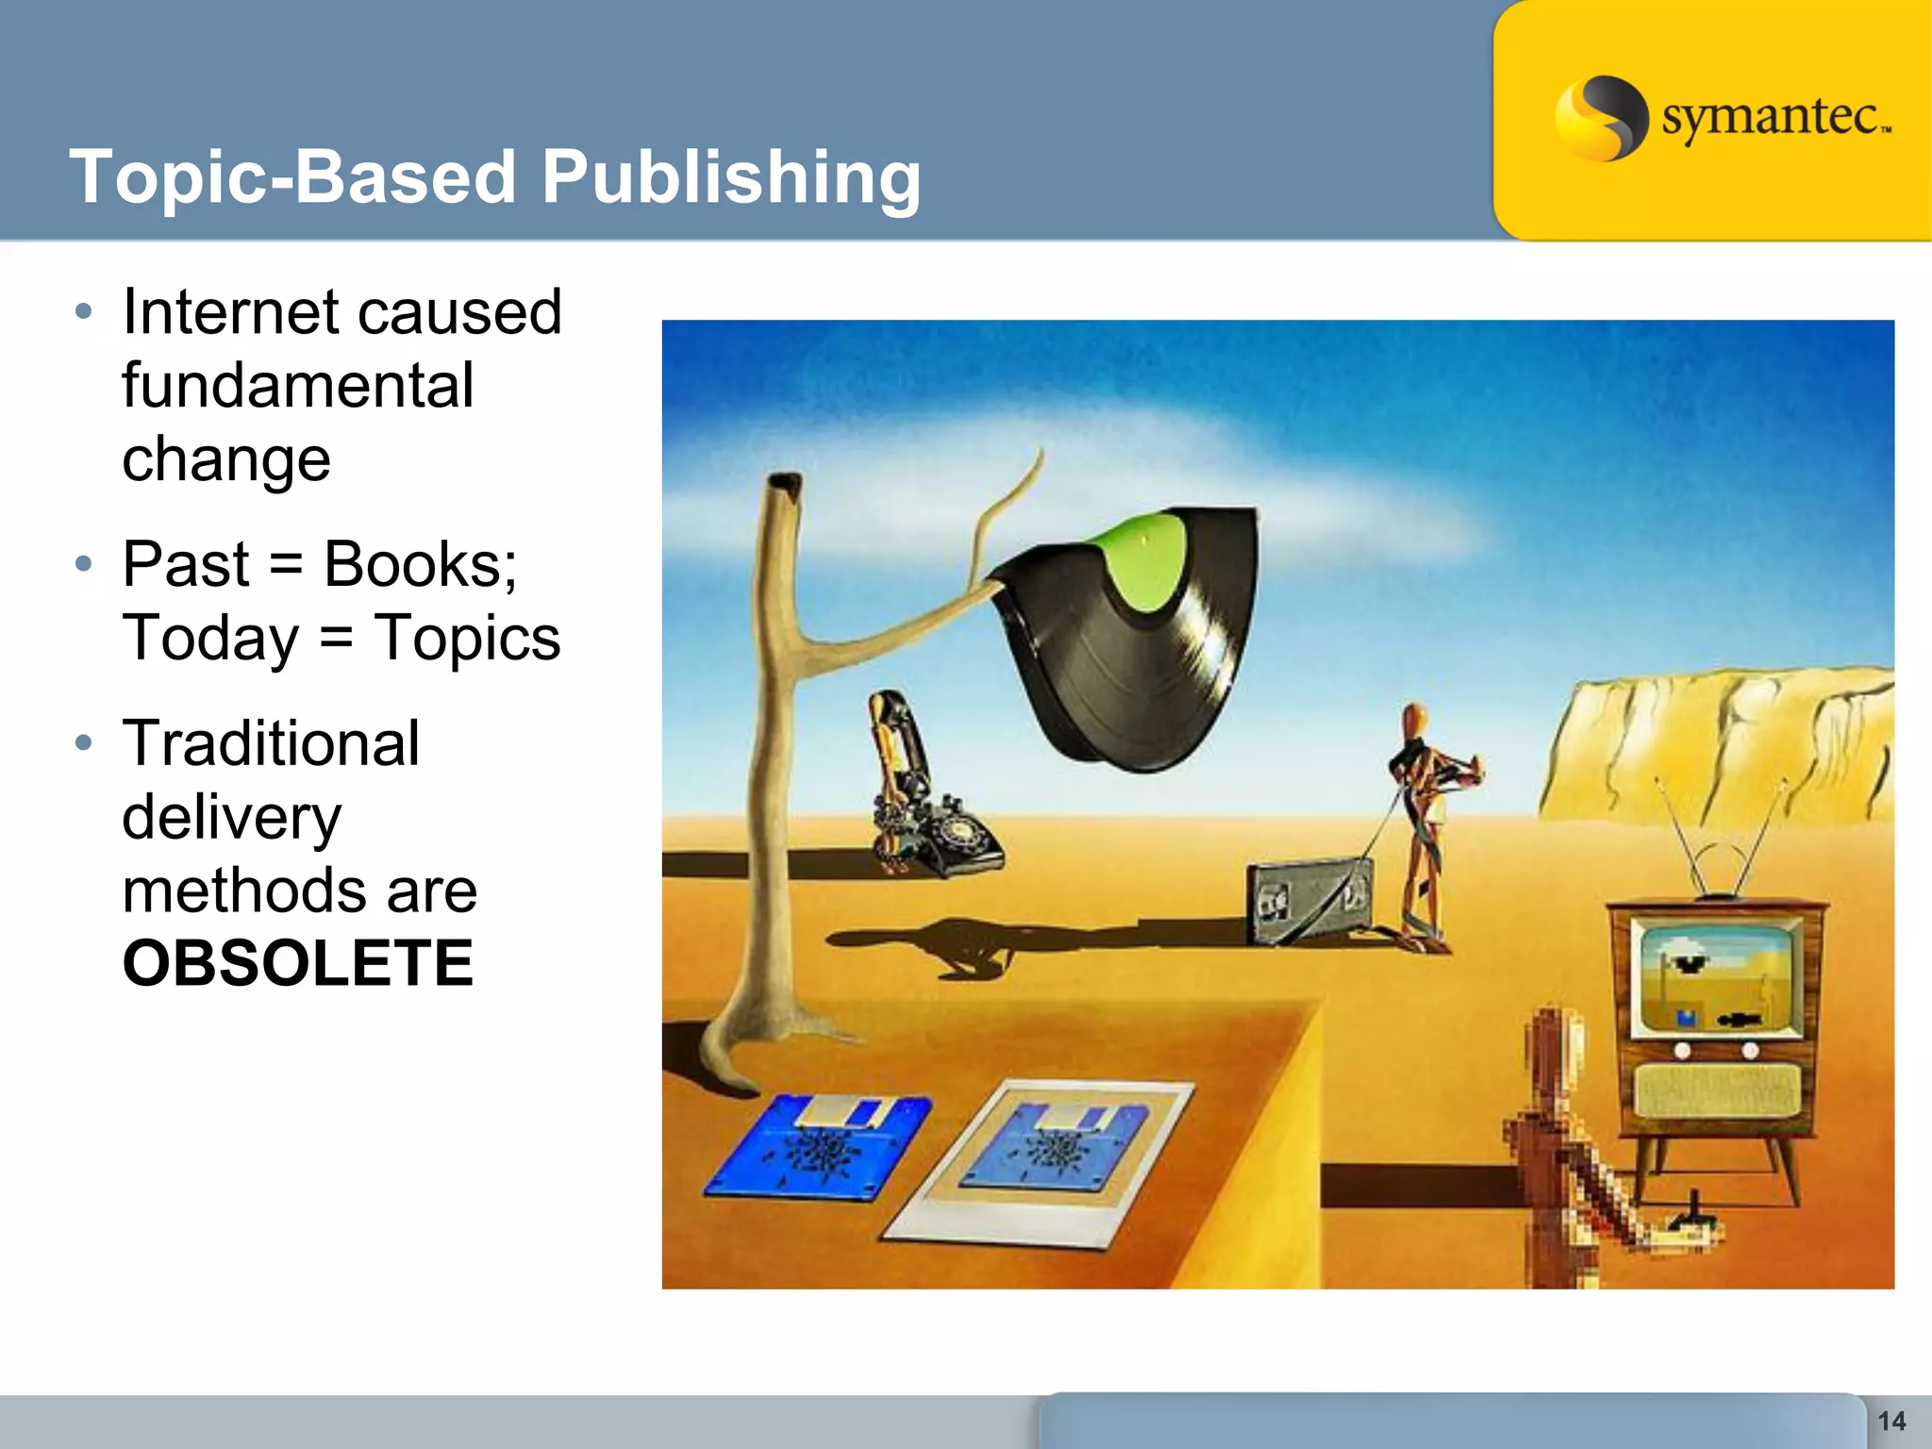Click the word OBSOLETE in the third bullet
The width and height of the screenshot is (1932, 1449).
297,963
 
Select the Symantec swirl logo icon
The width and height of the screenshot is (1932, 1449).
1600,118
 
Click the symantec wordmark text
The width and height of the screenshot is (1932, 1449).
1774,118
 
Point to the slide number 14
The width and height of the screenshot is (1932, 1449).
1891,1421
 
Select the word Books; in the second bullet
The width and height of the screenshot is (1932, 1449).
420,564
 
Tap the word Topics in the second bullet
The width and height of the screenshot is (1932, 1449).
467,638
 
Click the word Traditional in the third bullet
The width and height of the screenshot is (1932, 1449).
271,743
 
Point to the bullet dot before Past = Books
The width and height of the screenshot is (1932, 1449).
84,564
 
